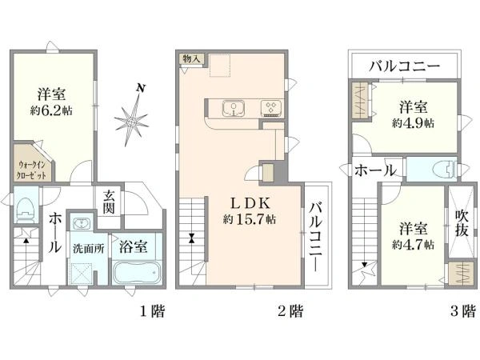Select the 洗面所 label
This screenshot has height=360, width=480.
[x=88, y=248]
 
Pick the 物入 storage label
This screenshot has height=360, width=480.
[x=191, y=58]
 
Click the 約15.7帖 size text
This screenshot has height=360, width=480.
[x=250, y=218]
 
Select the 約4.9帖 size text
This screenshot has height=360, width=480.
[x=414, y=123]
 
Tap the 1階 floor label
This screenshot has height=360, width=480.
[x=152, y=311]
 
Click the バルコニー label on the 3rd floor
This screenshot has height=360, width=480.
[x=404, y=66]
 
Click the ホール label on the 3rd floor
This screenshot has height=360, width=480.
[x=372, y=170]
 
